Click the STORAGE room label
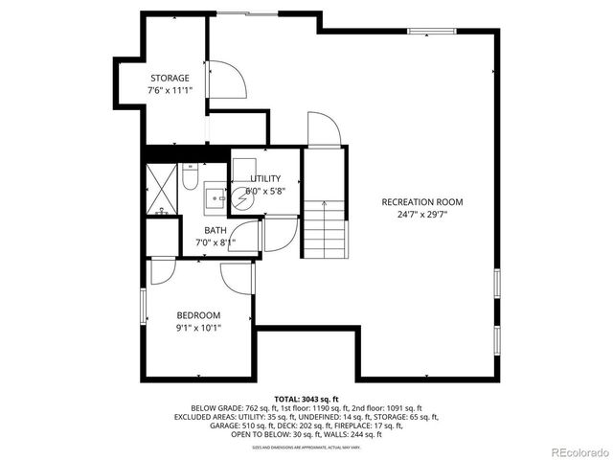click(x=170, y=78)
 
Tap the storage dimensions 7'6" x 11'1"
click(x=170, y=90)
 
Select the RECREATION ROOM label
click(x=422, y=202)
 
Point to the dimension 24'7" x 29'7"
click(x=422, y=215)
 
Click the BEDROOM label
click(x=198, y=315)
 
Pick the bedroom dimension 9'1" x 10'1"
click(x=198, y=328)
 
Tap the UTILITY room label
click(x=265, y=179)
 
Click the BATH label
click(x=216, y=230)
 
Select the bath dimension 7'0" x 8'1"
click(x=216, y=242)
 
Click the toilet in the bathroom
click(x=190, y=178)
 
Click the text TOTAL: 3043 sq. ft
click(x=306, y=399)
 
